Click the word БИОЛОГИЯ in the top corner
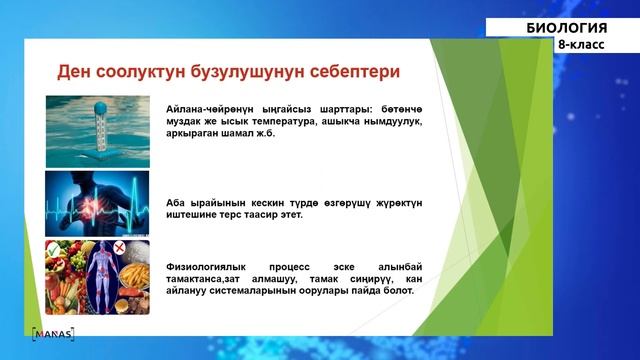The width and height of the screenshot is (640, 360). click(x=566, y=27)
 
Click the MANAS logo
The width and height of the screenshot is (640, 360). click(x=52, y=332)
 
